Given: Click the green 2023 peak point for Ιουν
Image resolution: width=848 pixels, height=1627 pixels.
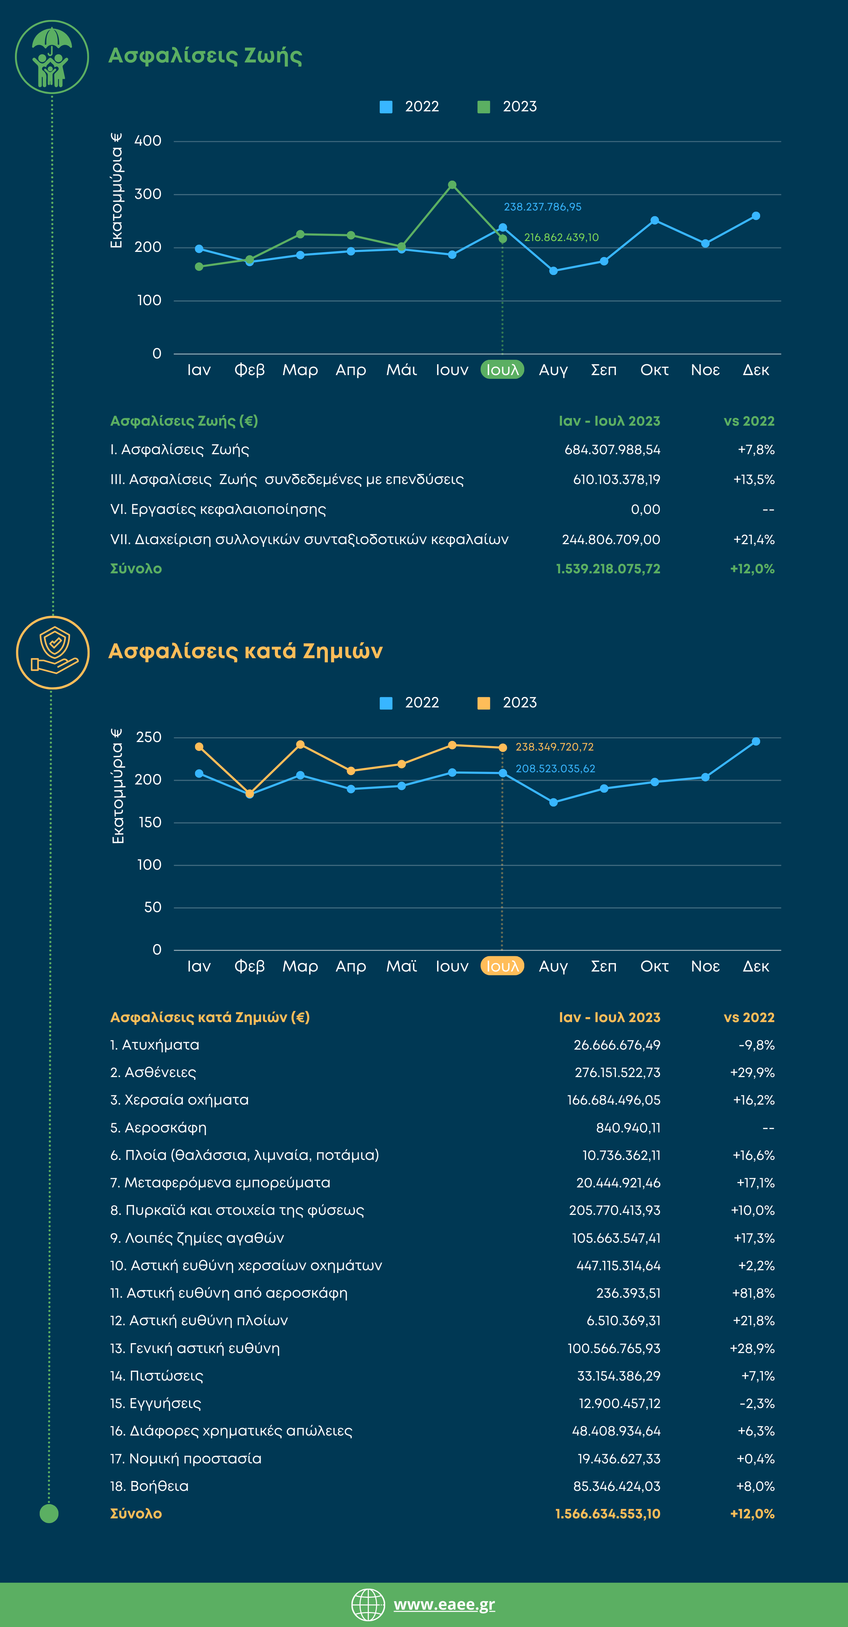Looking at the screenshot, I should click(452, 185).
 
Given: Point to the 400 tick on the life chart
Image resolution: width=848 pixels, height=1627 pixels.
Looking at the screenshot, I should click(148, 141).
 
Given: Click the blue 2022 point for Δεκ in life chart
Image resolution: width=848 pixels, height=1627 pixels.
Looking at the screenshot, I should click(756, 216).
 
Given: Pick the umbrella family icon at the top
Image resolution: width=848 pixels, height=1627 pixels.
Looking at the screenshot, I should click(52, 57).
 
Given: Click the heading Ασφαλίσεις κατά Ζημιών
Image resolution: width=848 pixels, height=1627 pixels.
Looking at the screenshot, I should click(246, 650).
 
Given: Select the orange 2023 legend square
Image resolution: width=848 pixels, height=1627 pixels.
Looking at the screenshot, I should click(484, 703).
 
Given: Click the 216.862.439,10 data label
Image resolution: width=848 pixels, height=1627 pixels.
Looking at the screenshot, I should click(561, 238).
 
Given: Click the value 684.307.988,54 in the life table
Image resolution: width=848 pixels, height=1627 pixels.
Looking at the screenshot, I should click(612, 450).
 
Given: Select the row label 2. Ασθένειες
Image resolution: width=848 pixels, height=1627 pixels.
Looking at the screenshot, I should click(153, 1072).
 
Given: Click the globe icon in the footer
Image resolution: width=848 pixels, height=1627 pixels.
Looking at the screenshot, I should click(368, 1604).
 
